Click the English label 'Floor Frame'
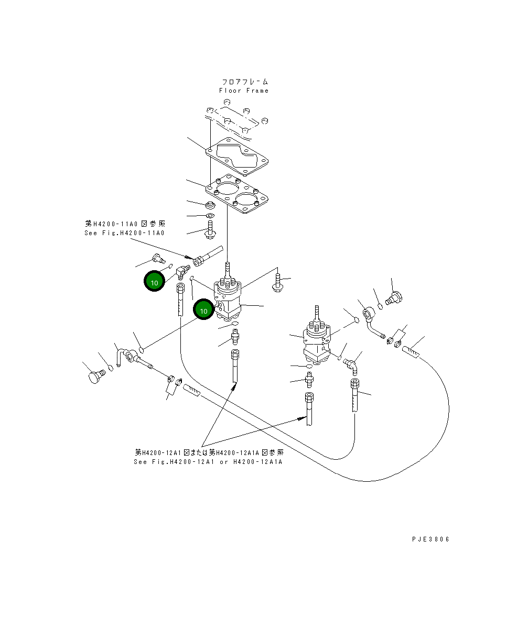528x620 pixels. [x=244, y=91]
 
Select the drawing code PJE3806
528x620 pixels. [x=430, y=539]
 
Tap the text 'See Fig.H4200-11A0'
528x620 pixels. [x=124, y=233]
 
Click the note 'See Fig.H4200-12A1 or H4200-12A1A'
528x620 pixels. [x=208, y=462]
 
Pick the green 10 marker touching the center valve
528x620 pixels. [x=203, y=310]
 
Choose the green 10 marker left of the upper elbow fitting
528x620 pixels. [x=154, y=282]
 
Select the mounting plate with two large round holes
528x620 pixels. [x=238, y=194]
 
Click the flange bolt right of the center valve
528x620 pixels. [x=278, y=283]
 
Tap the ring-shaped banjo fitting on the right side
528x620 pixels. [x=369, y=315]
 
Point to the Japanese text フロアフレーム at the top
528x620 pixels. [x=244, y=82]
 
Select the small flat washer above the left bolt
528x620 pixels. [x=209, y=216]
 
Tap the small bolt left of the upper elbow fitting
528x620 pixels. [x=157, y=257]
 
